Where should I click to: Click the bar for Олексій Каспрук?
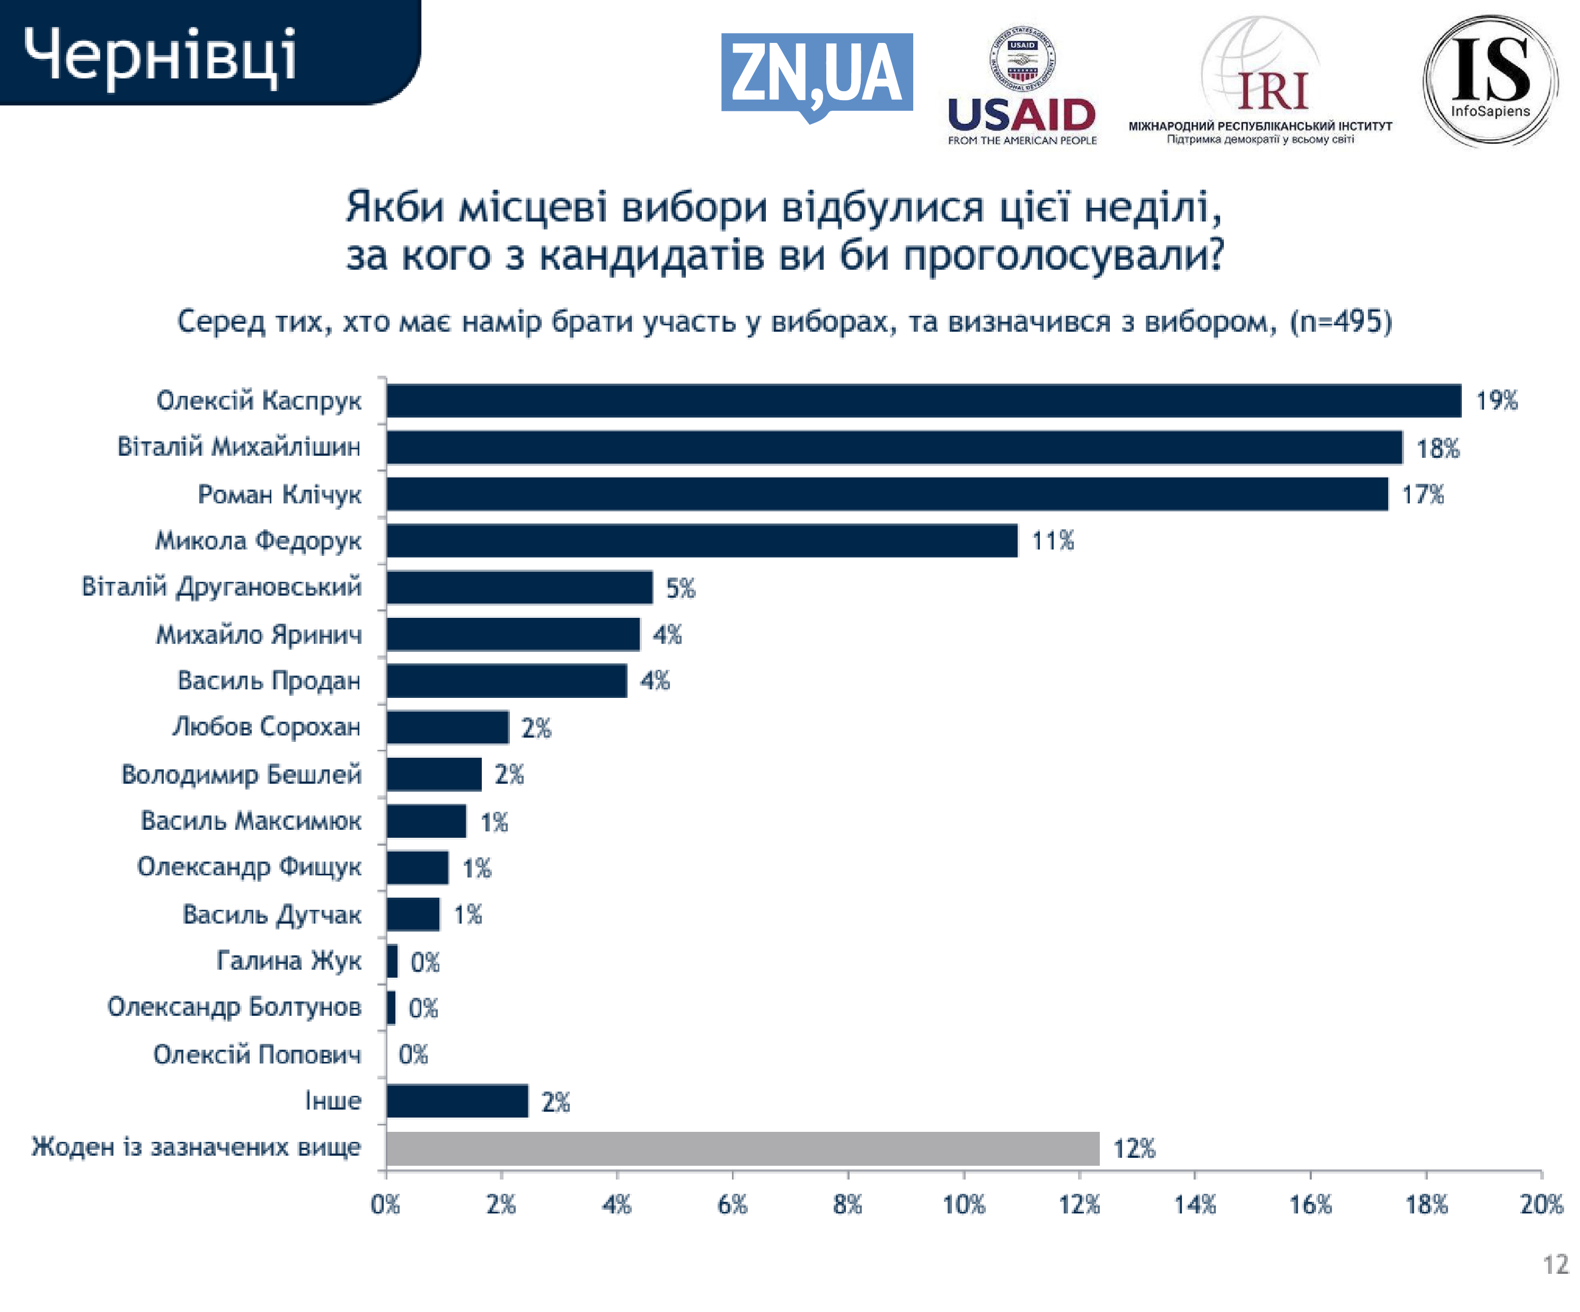[923, 400]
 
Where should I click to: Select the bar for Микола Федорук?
[702, 540]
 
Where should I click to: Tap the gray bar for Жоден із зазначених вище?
[743, 1148]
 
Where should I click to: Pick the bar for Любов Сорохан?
[448, 726]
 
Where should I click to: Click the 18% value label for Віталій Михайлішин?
[1438, 448]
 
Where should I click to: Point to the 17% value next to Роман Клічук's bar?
[1423, 494]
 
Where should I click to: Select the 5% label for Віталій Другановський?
[681, 588]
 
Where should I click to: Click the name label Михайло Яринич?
[259, 634]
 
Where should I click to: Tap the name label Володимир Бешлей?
[242, 774]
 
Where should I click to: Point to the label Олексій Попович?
[257, 1054]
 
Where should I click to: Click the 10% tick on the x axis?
[964, 1204]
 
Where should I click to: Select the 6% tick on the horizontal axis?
[732, 1204]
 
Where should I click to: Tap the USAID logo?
[1022, 86]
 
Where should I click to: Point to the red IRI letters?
[1273, 92]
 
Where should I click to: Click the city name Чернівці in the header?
[160, 54]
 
